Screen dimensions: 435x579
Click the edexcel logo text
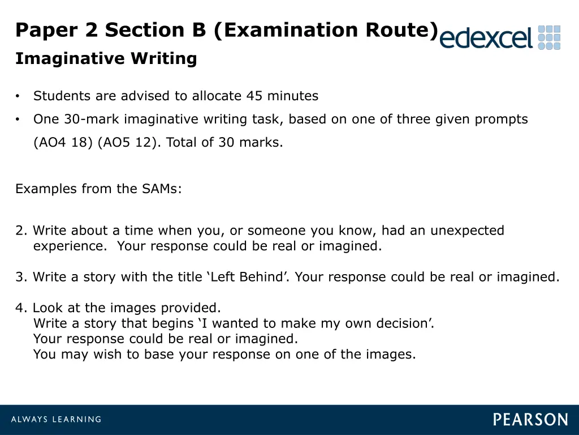486,38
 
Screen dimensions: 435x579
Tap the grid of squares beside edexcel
549,37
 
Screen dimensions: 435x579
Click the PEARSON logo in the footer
530,420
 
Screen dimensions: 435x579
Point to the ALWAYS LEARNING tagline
55,420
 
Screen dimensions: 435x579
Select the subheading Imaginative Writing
106,59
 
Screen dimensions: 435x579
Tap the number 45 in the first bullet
254,96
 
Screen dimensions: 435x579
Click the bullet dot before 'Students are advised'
18,96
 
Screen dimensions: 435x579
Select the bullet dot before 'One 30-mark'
18,120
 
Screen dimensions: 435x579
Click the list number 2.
21,231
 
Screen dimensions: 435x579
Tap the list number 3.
21,278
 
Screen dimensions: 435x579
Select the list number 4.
21,309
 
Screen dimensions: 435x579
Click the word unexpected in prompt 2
467,231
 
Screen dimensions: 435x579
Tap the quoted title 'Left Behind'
245,278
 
